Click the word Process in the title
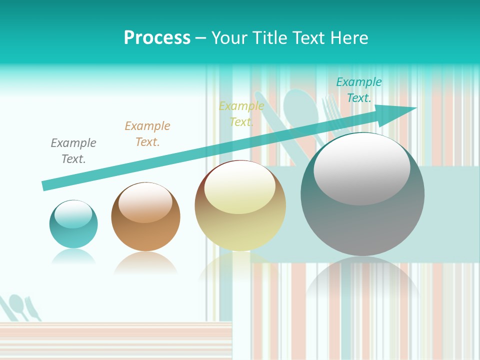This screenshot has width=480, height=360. [157, 38]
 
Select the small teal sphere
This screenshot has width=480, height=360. [73, 224]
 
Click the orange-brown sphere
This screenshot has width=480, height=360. [145, 217]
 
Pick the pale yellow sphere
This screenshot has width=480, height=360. [240, 206]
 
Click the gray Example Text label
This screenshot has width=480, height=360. [73, 151]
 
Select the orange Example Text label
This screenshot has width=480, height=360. [147, 134]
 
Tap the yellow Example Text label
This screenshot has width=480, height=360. [241, 114]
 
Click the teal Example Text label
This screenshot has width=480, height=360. [359, 90]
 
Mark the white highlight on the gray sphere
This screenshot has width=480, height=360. [361, 169]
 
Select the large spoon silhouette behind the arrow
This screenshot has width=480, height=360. [298, 107]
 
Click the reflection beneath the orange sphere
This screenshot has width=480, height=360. [145, 262]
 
